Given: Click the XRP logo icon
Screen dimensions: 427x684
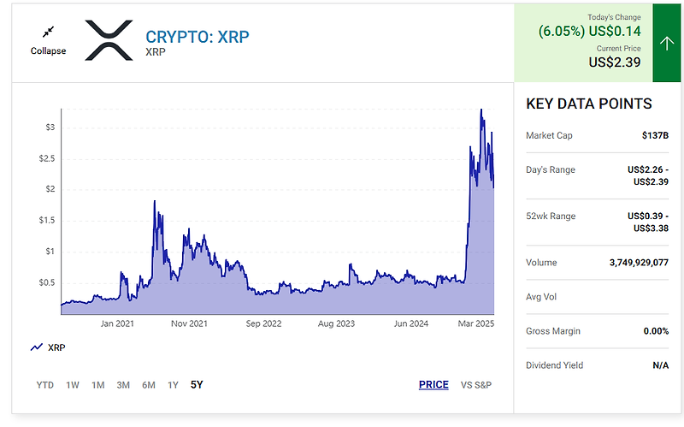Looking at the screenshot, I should [x=109, y=40].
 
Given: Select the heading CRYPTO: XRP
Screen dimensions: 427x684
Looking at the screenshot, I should [x=198, y=37].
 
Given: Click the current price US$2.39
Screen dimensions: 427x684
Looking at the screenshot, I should [x=615, y=62].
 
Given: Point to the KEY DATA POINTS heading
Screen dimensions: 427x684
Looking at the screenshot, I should [x=588, y=104].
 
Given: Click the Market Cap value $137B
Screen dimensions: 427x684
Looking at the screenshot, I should [x=655, y=135].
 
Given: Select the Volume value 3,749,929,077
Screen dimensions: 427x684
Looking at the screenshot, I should [x=633, y=263].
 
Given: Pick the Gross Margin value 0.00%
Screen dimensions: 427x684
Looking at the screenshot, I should [x=654, y=331].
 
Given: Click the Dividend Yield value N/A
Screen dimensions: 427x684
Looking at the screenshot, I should [x=659, y=365].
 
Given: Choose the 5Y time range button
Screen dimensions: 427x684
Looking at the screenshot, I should [x=197, y=385].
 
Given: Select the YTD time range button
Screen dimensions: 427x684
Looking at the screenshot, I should [x=45, y=385].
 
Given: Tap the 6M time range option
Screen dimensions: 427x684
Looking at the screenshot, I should [x=149, y=385].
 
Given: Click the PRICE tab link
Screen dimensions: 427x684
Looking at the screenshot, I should [x=433, y=385].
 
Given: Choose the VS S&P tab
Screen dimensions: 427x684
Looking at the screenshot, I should [x=476, y=385].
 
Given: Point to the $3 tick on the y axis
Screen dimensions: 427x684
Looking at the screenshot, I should [x=50, y=128].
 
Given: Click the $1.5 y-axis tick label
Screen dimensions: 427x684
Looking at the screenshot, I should [x=46, y=220].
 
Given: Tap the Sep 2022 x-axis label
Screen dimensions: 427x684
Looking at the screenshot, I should [x=263, y=323].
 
